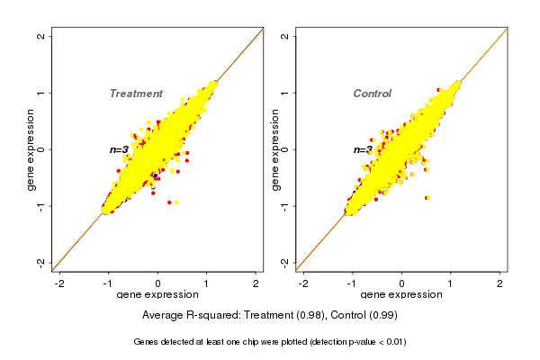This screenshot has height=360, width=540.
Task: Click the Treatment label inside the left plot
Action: [136, 94]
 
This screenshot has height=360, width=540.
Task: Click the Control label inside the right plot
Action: [372, 94]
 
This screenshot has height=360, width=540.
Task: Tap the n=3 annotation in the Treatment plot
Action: [120, 149]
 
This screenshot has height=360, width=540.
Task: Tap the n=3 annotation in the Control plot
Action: [363, 149]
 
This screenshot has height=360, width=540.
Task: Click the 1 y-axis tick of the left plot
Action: [40, 93]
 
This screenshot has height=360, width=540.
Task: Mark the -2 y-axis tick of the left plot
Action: [40, 262]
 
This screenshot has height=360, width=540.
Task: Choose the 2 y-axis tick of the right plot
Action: [284, 36]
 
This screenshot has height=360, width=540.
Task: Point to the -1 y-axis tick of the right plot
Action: [284, 206]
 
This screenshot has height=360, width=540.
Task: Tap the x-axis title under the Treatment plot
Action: [157, 295]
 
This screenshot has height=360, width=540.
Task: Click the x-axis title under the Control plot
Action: [401, 295]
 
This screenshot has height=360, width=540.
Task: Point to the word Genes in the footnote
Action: [147, 342]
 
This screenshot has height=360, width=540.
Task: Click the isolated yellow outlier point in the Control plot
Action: [427, 197]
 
